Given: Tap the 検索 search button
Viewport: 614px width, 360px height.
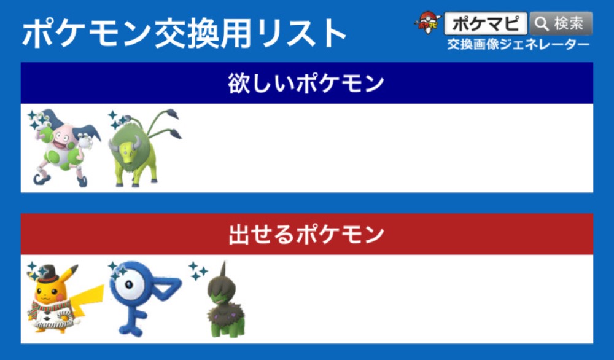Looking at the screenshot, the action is tap(561, 23).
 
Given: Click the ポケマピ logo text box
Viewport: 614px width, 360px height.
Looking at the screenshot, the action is tap(486, 23).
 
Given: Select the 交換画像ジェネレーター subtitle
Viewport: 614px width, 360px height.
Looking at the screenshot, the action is tap(518, 44).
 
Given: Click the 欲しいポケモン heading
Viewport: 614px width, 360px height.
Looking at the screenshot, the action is tap(306, 84).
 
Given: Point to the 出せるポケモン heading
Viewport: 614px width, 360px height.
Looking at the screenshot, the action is tap(306, 234).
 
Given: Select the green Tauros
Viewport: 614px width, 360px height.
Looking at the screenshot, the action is tap(145, 148).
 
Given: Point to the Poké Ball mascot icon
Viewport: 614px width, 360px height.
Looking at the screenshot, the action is tap(427, 23).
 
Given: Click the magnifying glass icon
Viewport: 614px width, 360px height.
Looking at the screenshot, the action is tap(542, 24).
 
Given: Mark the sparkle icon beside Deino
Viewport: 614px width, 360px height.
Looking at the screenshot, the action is tap(197, 271).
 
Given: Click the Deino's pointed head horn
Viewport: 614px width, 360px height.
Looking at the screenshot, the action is tap(223, 270).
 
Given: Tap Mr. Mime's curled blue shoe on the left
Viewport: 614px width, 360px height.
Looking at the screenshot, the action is tap(42, 179).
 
